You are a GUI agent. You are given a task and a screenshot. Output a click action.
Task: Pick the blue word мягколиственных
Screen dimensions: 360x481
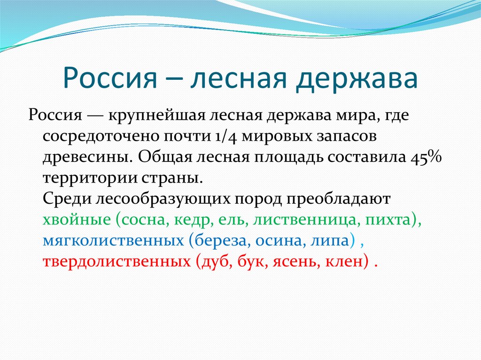(113, 240)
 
